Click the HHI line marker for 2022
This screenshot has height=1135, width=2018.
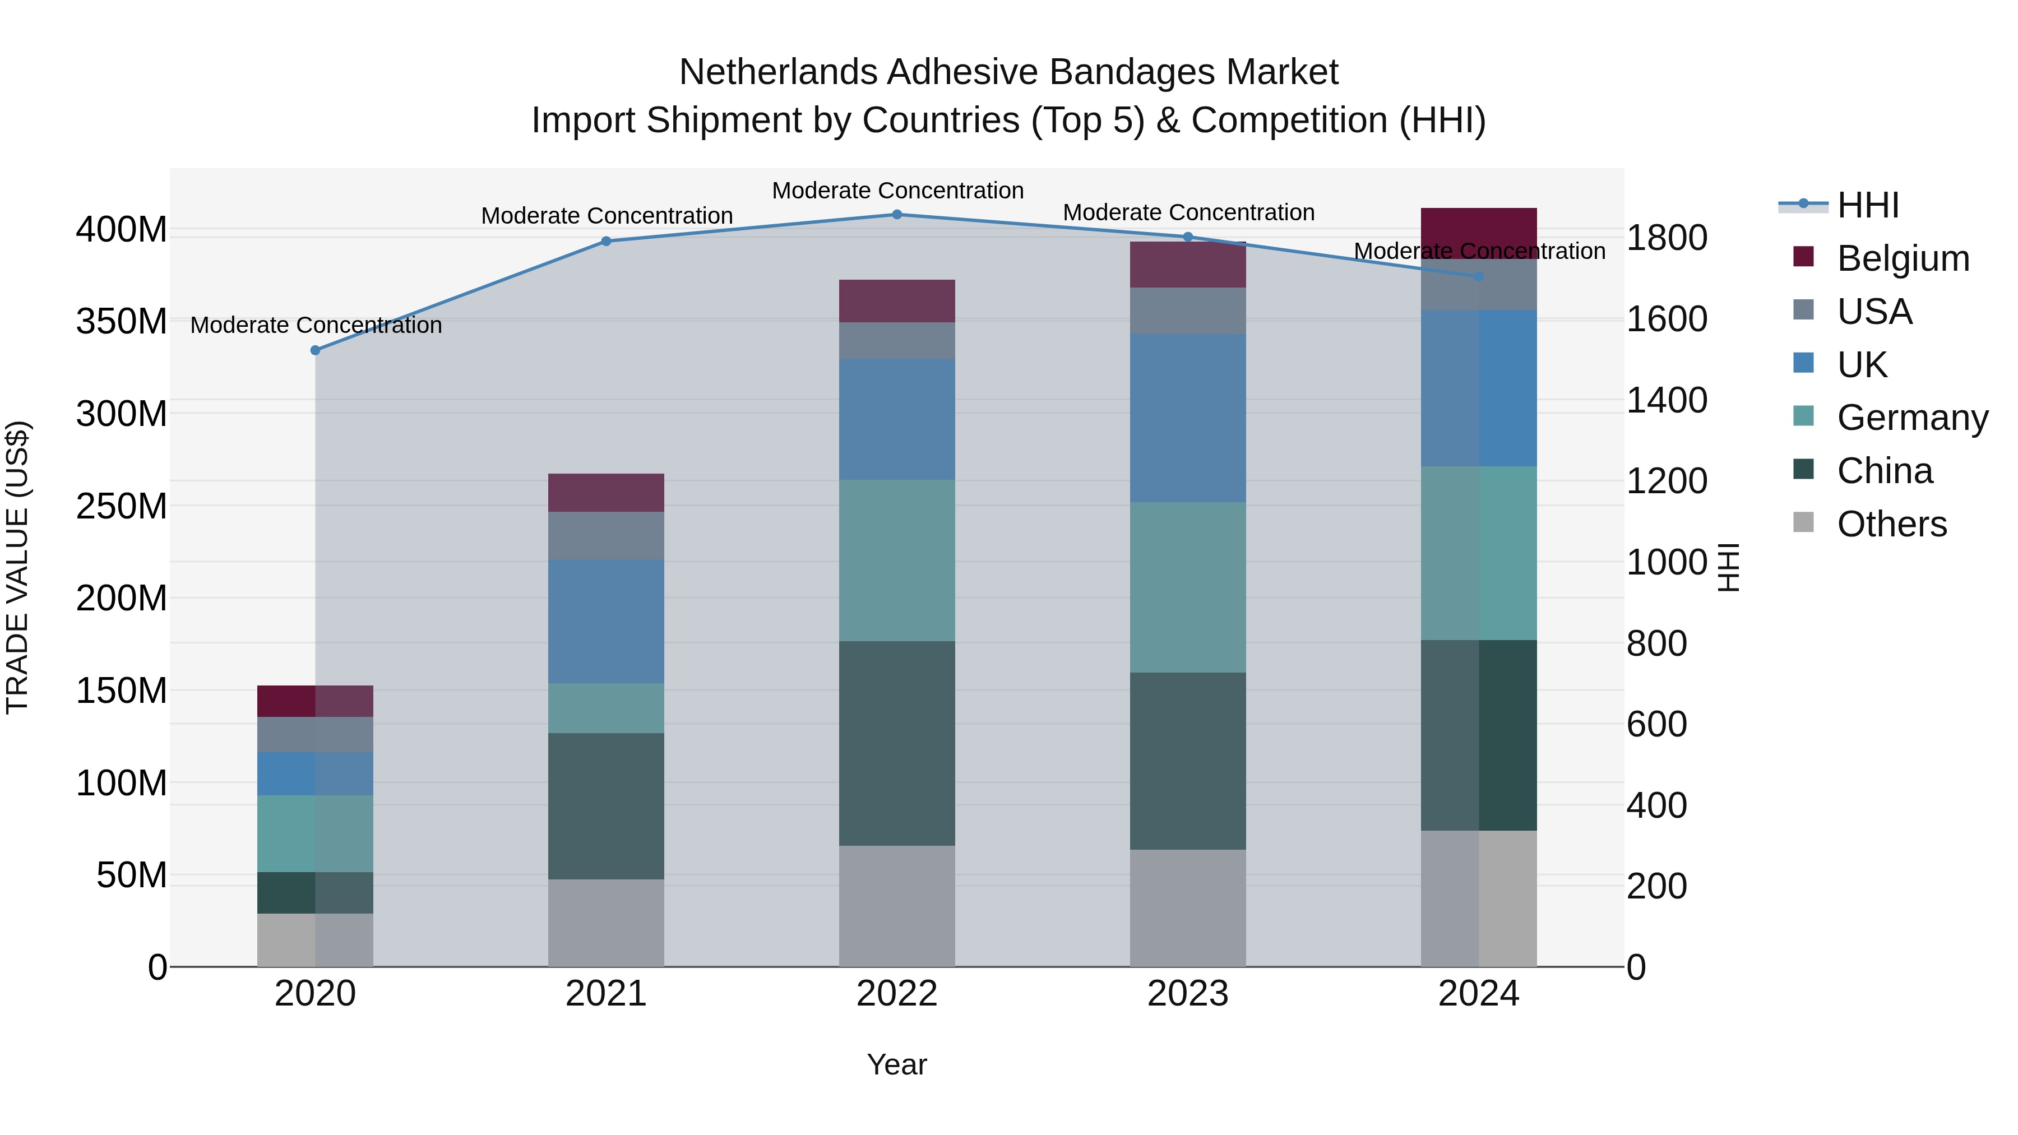point(897,214)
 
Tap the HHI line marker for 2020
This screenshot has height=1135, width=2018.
point(316,350)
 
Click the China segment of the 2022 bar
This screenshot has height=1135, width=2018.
point(897,743)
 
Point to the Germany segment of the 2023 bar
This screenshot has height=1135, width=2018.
point(1188,587)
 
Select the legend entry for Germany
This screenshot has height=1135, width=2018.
point(1911,418)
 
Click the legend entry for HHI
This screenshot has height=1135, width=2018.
point(1868,205)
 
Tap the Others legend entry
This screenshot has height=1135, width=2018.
point(1891,524)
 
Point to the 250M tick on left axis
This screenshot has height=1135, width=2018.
point(122,506)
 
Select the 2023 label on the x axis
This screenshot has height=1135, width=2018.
point(1188,994)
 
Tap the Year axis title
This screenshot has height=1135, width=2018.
point(897,1064)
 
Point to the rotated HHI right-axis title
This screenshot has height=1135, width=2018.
point(1728,567)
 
